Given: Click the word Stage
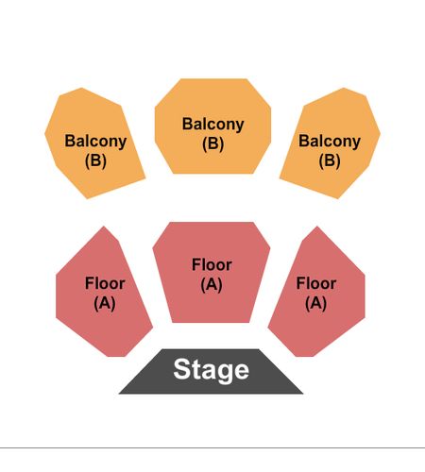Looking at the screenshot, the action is click(x=212, y=370).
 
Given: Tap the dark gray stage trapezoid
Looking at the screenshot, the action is click(x=211, y=372).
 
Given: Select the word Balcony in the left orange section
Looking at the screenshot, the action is click(x=95, y=142).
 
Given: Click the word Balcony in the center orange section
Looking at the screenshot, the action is click(x=213, y=125).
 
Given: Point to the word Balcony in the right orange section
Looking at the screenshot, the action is click(x=330, y=142).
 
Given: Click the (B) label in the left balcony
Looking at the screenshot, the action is click(x=95, y=160).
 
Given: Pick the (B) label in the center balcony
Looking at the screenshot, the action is click(x=213, y=143).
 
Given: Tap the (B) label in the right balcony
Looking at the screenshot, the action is click(x=330, y=160).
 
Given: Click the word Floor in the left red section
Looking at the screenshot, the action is click(x=105, y=283).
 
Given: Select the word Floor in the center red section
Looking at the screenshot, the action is click(x=212, y=264).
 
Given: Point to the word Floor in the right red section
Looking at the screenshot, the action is click(x=316, y=283).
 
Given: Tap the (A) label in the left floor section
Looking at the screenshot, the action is click(x=105, y=303).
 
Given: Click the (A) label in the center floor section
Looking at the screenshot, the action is click(x=212, y=285).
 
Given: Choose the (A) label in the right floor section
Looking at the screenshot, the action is click(x=315, y=303).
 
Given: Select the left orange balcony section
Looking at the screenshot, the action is click(x=94, y=143).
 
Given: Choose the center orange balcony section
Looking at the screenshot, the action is click(x=212, y=126).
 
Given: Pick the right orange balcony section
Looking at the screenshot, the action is click(x=331, y=143).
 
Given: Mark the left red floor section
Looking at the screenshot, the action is click(x=104, y=293).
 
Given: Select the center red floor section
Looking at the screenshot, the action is click(x=212, y=272).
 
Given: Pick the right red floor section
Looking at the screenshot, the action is click(x=316, y=293).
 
